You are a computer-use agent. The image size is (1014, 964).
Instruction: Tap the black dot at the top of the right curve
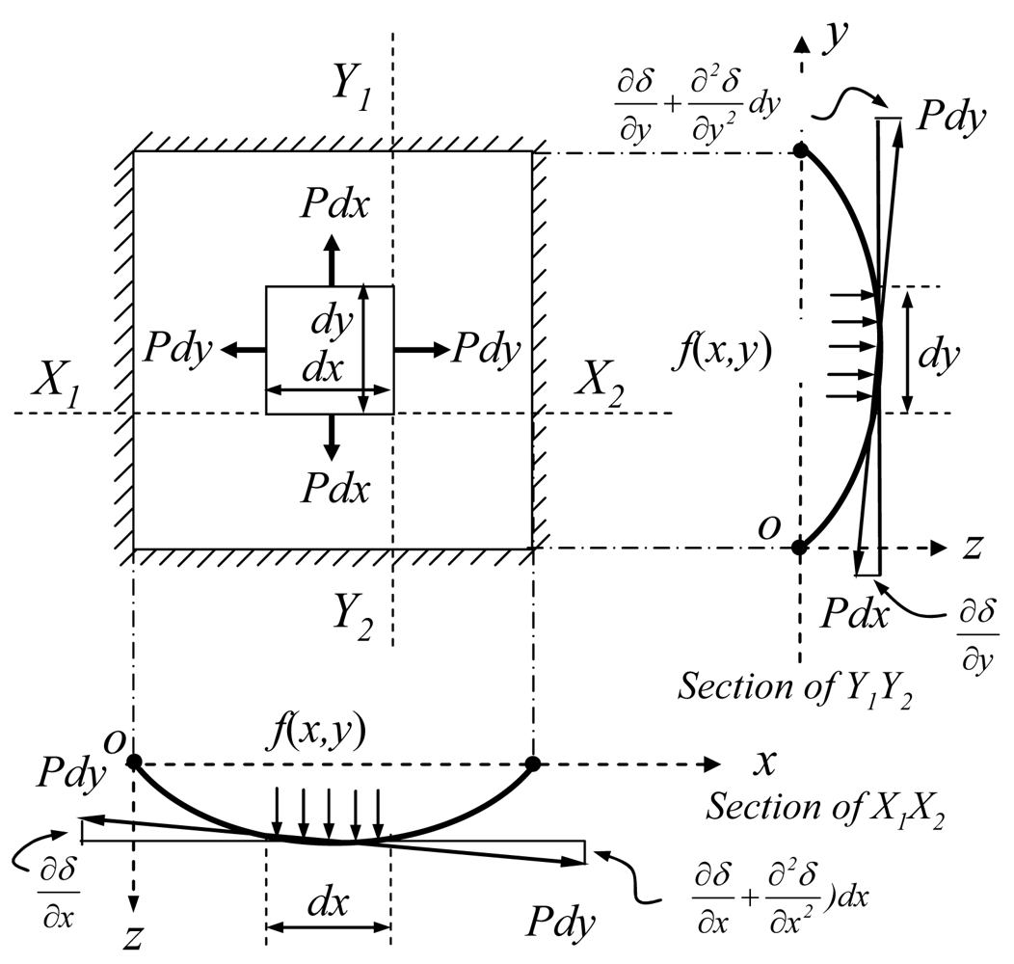799,150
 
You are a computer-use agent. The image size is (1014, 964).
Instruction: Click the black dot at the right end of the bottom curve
532,763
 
